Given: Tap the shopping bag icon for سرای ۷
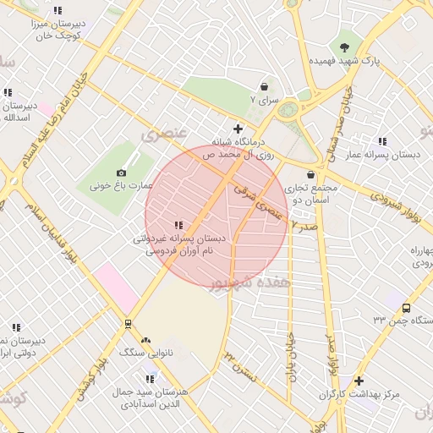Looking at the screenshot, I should (265, 86).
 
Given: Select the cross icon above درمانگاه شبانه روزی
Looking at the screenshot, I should (238, 129).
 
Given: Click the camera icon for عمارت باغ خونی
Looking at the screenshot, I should (121, 173).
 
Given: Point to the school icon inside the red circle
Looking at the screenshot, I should (178, 225).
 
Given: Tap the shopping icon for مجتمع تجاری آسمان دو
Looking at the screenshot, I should (311, 174).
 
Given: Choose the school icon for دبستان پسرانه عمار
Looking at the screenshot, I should (382, 141).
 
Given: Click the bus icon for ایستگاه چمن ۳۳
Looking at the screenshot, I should (406, 309).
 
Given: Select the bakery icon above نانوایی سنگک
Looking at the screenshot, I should (145, 340).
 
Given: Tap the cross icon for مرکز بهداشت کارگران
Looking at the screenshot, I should (359, 381).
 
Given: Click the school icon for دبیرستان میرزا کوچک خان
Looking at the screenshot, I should (58, 11).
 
